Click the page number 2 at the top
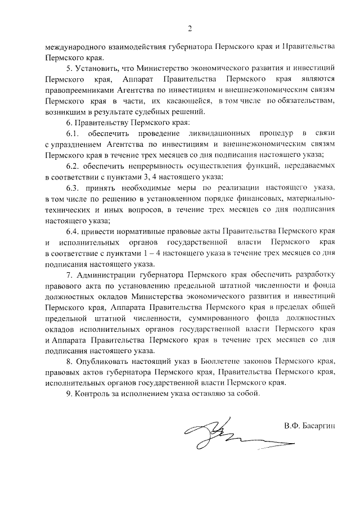[190, 28]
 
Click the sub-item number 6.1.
[73, 133]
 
